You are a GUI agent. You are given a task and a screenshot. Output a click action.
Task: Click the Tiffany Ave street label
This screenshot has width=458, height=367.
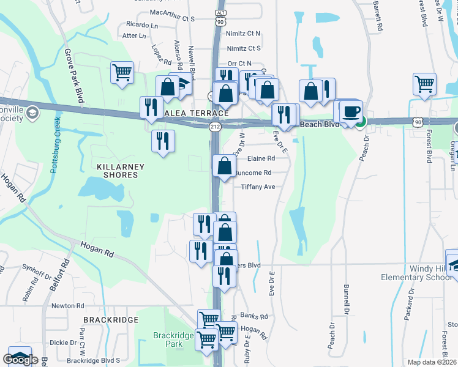258,187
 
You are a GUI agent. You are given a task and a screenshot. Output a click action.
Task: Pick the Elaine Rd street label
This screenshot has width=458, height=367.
260,158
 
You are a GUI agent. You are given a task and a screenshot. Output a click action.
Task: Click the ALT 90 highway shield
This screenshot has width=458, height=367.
220,17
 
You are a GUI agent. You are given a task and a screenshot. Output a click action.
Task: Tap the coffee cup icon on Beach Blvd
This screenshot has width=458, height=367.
351,111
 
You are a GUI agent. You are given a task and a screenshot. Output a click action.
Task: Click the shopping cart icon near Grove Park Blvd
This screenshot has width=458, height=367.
122,73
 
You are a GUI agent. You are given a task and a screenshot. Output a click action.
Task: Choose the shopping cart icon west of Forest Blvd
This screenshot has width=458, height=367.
424,84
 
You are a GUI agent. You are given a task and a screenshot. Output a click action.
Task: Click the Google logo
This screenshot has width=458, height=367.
20,360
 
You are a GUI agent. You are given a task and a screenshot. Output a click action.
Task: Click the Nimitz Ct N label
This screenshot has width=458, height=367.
244,34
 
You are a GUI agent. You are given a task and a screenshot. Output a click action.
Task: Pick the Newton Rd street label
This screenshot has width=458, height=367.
67,306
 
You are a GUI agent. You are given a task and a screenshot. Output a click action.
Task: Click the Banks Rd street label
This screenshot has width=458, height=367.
254,316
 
